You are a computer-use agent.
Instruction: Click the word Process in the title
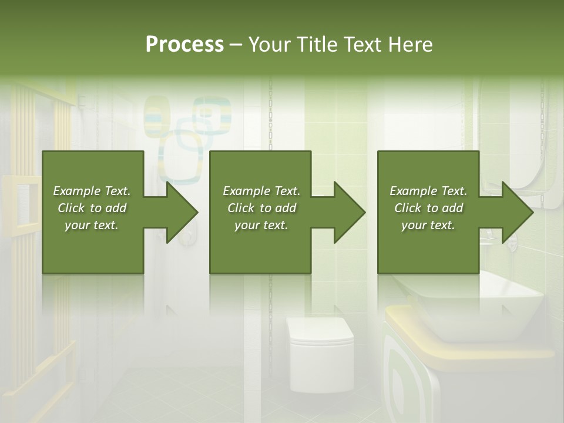(x=184, y=45)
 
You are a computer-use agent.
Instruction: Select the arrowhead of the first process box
(x=179, y=212)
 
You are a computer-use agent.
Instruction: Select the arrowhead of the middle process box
(x=347, y=212)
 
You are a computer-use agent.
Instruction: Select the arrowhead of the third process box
(x=515, y=212)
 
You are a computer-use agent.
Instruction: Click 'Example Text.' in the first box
(x=92, y=191)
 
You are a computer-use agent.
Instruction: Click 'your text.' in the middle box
(x=261, y=225)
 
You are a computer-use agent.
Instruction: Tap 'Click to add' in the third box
(x=428, y=208)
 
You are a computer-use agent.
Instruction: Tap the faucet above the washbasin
(x=488, y=238)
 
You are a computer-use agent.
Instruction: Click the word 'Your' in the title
(x=272, y=45)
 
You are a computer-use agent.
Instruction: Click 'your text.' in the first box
(x=92, y=225)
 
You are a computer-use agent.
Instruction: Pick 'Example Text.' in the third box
(x=428, y=191)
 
